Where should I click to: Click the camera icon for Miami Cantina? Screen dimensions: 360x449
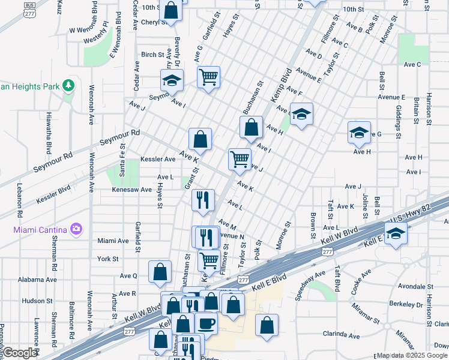(76, 229)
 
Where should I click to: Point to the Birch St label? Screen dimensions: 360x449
(152, 55)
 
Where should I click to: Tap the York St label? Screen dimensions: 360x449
(108, 259)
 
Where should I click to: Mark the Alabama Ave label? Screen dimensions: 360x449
(37, 280)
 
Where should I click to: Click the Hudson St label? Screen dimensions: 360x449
(37, 301)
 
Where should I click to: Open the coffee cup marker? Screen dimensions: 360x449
(207, 323)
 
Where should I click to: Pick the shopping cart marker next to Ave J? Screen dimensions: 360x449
(240, 158)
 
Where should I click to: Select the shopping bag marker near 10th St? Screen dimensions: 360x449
(171, 10)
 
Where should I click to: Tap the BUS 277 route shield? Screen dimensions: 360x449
(29, 8)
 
